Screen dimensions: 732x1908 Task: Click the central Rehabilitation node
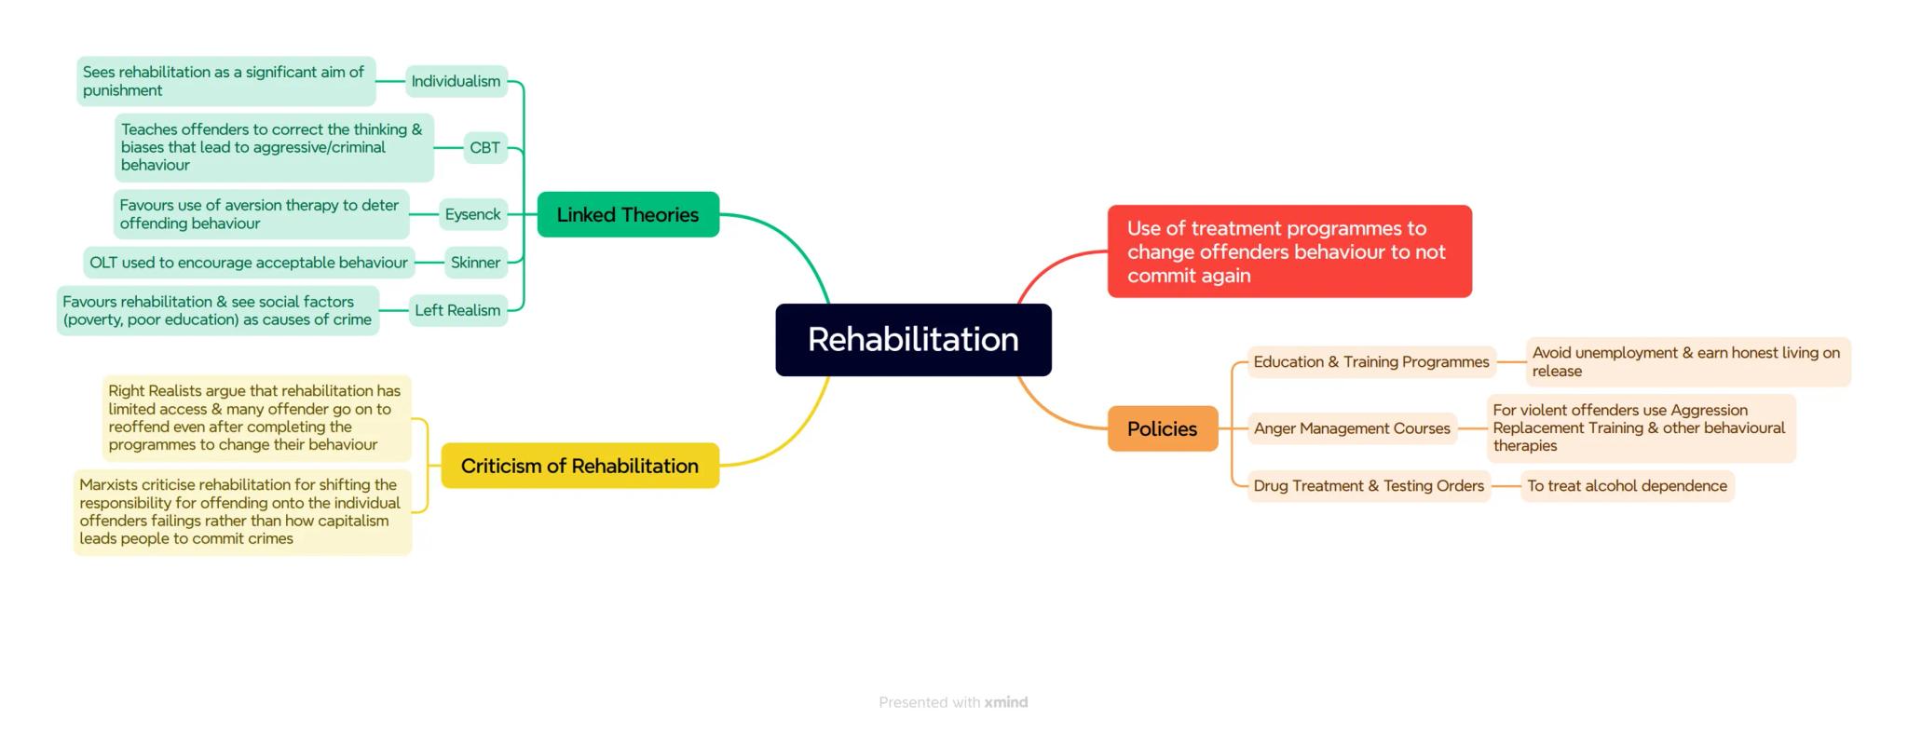pos(913,340)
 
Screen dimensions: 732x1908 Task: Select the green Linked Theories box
pos(628,215)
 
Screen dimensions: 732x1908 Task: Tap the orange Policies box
pos(1162,428)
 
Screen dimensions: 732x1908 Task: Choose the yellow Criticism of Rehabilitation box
pos(579,466)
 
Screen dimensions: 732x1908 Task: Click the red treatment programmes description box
pos(1288,251)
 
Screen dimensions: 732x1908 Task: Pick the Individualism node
pos(457,81)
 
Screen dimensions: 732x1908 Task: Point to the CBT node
pos(485,147)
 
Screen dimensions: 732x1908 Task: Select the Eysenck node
pos(473,214)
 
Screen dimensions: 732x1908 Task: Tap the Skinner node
pos(476,263)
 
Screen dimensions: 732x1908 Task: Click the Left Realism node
pos(457,310)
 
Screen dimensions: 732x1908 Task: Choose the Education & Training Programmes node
pos(1370,362)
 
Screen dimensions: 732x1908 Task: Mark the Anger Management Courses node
pos(1352,428)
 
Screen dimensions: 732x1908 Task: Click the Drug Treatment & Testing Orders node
pos(1369,486)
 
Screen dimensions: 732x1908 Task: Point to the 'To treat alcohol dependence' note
pos(1627,486)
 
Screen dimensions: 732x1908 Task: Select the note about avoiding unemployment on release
pos(1686,362)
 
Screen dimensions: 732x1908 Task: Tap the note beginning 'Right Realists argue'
pos(256,418)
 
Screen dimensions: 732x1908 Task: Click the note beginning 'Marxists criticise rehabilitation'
pos(242,511)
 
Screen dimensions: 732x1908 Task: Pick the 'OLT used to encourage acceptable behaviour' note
pos(249,263)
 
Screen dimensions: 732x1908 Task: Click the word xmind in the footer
pos(1006,702)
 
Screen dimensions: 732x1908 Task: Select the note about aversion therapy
pos(261,214)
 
